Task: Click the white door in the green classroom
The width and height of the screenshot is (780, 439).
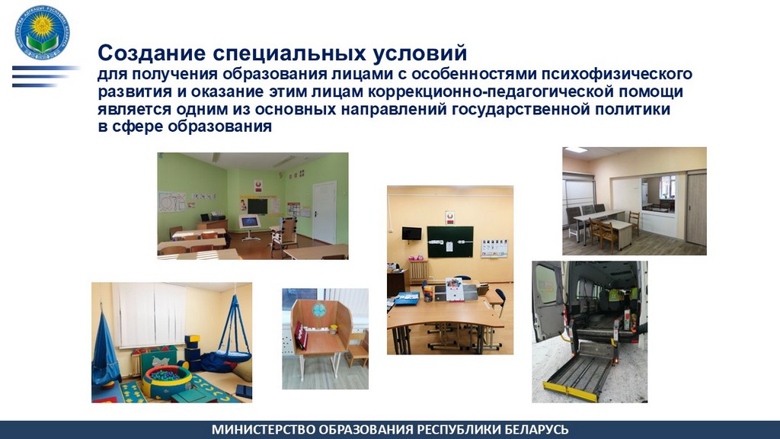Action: click(324, 211)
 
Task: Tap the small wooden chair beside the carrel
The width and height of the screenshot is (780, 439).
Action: click(358, 350)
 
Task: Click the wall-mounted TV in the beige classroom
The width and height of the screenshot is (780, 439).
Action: click(412, 232)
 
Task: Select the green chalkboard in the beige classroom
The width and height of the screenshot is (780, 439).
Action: click(449, 242)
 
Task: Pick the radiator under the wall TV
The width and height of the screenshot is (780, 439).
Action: click(418, 271)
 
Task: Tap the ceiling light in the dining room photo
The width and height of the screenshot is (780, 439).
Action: click(577, 150)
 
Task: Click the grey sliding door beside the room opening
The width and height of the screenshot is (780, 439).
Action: click(695, 208)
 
